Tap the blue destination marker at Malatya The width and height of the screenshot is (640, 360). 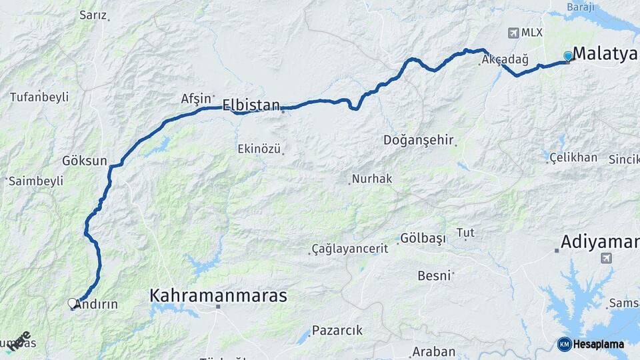point(567,56)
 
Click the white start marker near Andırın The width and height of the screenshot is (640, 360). point(72,303)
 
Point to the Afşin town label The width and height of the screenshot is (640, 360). point(195,99)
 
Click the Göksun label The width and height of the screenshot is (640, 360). point(85,161)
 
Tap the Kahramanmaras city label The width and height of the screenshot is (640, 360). point(218,295)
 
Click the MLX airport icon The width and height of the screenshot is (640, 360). point(513,33)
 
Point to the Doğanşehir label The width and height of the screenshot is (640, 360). point(419,141)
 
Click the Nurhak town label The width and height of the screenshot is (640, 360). point(372,179)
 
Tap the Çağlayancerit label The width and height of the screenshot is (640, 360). point(349,249)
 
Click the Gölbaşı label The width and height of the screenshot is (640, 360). point(423,239)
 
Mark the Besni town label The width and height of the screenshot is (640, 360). point(434,275)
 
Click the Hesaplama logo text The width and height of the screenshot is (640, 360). point(599,344)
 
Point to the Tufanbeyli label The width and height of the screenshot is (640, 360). point(39,97)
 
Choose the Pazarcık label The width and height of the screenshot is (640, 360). point(337,330)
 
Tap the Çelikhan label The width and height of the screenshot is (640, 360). point(573,157)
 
